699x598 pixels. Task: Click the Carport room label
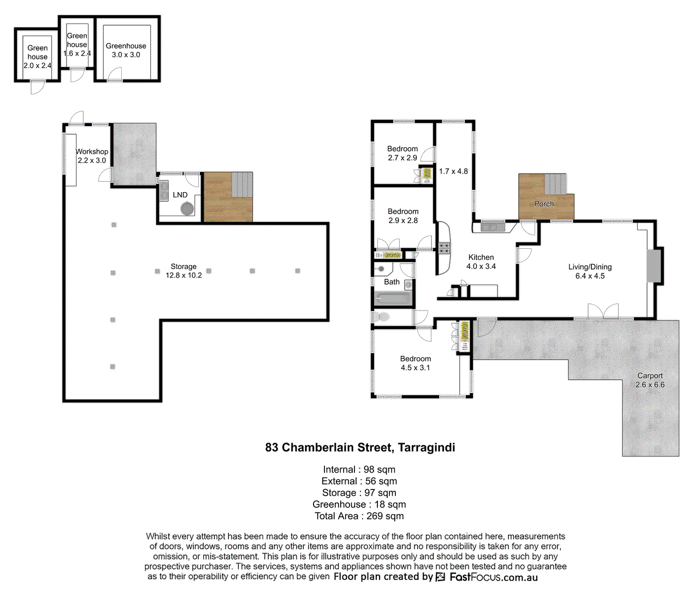[650, 375]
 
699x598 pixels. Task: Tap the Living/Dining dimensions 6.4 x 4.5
[590, 276]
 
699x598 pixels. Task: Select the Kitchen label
[481, 257]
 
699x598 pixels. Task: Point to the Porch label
[544, 204]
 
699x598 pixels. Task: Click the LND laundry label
[180, 195]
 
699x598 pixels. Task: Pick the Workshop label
[92, 151]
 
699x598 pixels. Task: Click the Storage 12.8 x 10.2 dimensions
[183, 275]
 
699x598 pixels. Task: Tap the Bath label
[392, 282]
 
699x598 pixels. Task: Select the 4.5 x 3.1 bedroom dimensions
[415, 368]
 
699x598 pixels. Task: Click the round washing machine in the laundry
[187, 208]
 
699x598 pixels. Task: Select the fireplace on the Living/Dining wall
[654, 265]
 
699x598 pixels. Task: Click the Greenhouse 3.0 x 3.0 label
[126, 50]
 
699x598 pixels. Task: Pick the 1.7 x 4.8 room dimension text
[453, 171]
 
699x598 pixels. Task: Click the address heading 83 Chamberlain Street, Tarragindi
[360, 447]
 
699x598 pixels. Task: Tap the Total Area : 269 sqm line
[359, 516]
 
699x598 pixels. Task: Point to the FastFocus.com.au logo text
[493, 577]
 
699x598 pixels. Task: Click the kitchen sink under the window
[493, 227]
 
